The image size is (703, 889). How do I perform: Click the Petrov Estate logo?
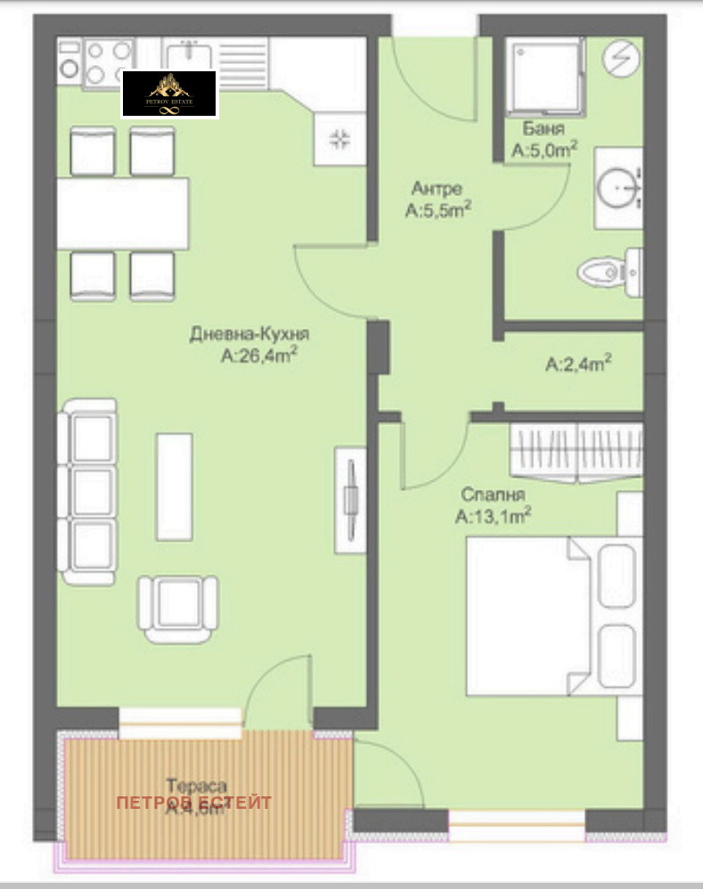[169, 94]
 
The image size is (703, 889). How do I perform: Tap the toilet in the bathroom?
[608, 270]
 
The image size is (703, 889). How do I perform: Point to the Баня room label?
[542, 130]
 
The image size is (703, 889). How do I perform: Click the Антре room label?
[437, 189]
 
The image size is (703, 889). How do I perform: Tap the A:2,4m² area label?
[578, 364]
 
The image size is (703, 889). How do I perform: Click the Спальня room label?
[493, 494]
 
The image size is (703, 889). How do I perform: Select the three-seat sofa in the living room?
[87, 491]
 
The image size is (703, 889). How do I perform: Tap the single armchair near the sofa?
[178, 608]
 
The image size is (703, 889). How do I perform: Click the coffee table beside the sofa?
[174, 486]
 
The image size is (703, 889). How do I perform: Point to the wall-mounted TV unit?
[349, 498]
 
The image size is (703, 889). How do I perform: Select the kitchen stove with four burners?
[108, 62]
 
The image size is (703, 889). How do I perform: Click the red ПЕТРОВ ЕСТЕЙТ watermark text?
[194, 803]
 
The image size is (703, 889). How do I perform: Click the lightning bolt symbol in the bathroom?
[621, 59]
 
